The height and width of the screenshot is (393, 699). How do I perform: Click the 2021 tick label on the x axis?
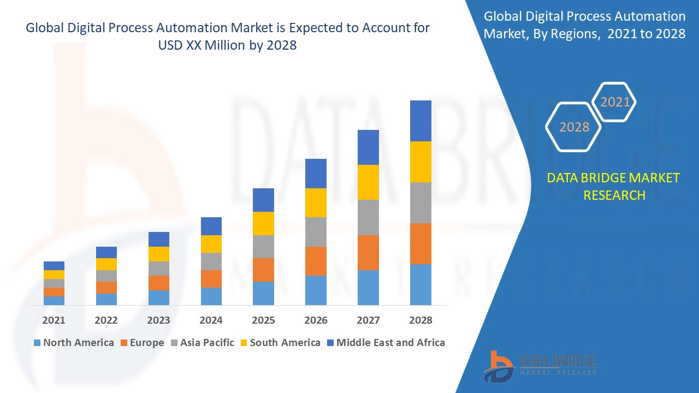[x=54, y=320]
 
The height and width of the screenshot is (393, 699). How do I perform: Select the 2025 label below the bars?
[x=263, y=320]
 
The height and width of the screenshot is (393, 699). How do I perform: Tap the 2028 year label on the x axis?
[x=420, y=320]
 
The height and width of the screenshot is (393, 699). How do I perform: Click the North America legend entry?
[x=74, y=343]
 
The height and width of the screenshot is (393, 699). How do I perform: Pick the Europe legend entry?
[x=142, y=343]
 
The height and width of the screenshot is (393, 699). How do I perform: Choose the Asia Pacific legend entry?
[x=202, y=343]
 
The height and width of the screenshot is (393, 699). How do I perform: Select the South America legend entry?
[x=280, y=343]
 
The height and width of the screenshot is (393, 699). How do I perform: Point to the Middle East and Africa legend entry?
[x=386, y=343]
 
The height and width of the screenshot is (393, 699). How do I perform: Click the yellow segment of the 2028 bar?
[x=420, y=162]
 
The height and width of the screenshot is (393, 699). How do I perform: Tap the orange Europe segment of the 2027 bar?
[x=368, y=252]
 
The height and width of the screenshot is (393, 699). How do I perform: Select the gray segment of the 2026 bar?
[x=316, y=232]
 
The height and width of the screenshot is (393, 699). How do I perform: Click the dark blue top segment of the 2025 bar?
[x=263, y=200]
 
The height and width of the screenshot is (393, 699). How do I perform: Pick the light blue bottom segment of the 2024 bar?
[x=211, y=296]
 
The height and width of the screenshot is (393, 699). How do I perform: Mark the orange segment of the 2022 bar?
[x=106, y=288]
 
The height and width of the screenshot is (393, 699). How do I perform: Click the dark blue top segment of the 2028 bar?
[x=420, y=121]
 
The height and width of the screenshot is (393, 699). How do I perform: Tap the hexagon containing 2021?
[x=615, y=102]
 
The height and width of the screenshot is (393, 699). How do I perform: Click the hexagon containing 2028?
[x=574, y=127]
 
